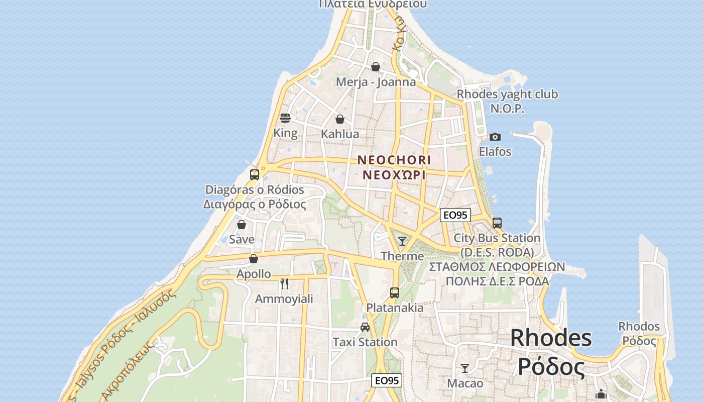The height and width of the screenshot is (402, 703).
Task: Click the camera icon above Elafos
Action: point(495,137)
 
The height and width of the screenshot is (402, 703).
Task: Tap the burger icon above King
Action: point(285,118)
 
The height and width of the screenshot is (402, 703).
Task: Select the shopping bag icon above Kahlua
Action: point(340,119)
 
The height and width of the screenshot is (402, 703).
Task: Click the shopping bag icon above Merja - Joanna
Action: point(376,67)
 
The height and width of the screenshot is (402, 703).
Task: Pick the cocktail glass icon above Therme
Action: point(402,241)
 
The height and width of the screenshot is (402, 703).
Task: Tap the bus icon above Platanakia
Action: point(395,292)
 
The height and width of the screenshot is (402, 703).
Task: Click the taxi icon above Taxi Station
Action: point(365,327)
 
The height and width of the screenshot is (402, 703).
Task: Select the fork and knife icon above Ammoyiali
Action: point(284,284)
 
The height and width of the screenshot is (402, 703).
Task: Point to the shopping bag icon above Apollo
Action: point(254,259)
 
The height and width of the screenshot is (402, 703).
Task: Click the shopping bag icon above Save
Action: point(242,225)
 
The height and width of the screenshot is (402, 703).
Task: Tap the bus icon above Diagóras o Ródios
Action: point(255,175)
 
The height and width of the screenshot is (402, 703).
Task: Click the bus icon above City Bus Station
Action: point(497,223)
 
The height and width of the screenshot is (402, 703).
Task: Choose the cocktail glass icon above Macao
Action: point(465,368)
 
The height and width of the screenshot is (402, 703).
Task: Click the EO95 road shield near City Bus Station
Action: point(455,215)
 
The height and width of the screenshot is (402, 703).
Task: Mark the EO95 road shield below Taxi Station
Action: point(387,380)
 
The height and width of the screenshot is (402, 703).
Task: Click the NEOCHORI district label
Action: point(394,160)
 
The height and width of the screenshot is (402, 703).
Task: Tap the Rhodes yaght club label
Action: point(507,94)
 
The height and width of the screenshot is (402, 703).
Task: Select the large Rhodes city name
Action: point(551,338)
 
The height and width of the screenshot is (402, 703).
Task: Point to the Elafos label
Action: point(495,151)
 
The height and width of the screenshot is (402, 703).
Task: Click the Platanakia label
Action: point(395,308)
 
